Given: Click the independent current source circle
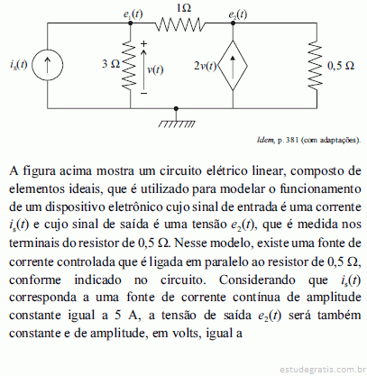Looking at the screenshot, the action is pyautogui.click(x=48, y=65).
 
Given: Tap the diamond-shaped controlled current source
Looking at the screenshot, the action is pyautogui.click(x=233, y=66).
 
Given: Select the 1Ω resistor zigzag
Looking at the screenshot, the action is pyautogui.click(x=180, y=24).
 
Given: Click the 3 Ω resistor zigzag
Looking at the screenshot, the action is pyautogui.click(x=130, y=64).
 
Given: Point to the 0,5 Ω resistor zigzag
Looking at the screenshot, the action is pyautogui.click(x=316, y=64).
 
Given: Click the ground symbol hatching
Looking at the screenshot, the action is pyautogui.click(x=177, y=124).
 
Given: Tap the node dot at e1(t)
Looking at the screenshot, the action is pyautogui.click(x=130, y=23).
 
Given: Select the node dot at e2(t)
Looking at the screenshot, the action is pyautogui.click(x=233, y=23).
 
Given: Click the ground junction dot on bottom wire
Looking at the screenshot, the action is pyautogui.click(x=176, y=108).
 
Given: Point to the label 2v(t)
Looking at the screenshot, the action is pyautogui.click(x=206, y=66).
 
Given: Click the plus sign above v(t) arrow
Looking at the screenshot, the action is pyautogui.click(x=144, y=44).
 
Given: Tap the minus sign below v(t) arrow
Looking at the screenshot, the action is pyautogui.click(x=144, y=94).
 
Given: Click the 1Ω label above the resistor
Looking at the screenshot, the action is pyautogui.click(x=183, y=8).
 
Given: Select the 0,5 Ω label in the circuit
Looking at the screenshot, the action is pyautogui.click(x=341, y=66).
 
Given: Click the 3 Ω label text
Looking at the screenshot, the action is pyautogui.click(x=111, y=64).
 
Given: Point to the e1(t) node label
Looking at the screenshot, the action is pyautogui.click(x=133, y=14).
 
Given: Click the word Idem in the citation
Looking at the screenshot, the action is pyautogui.click(x=265, y=140).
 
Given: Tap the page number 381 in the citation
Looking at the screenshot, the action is pyautogui.click(x=291, y=140).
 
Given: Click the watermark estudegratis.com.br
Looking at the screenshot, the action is pyautogui.click(x=323, y=369).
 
